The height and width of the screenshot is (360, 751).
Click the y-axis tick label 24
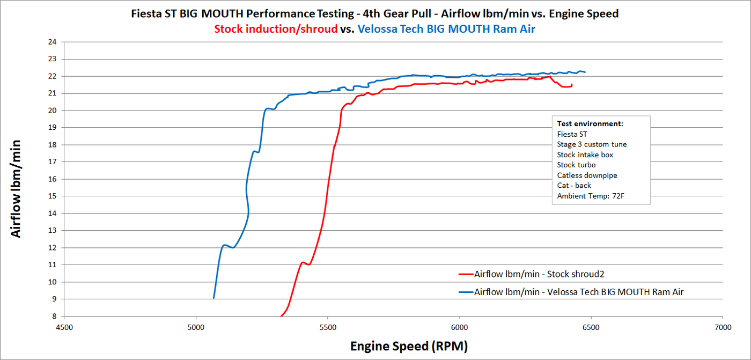[x=53, y=42]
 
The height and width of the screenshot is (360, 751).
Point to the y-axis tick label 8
[x=55, y=317]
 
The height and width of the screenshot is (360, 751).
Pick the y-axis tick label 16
[x=53, y=179]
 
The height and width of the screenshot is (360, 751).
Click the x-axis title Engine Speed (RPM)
[x=409, y=346]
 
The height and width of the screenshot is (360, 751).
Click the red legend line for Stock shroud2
[x=465, y=274]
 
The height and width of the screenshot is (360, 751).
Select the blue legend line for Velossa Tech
[x=465, y=291]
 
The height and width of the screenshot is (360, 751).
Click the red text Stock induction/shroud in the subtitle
[x=276, y=29]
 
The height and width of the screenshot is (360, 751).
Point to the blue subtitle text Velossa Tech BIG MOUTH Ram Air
[x=446, y=29]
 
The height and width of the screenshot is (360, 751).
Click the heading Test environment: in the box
[x=590, y=124]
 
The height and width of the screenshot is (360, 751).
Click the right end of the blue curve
[x=585, y=72]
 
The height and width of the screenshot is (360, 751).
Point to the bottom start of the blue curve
[x=214, y=298]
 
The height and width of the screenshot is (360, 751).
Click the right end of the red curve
[x=572, y=85]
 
